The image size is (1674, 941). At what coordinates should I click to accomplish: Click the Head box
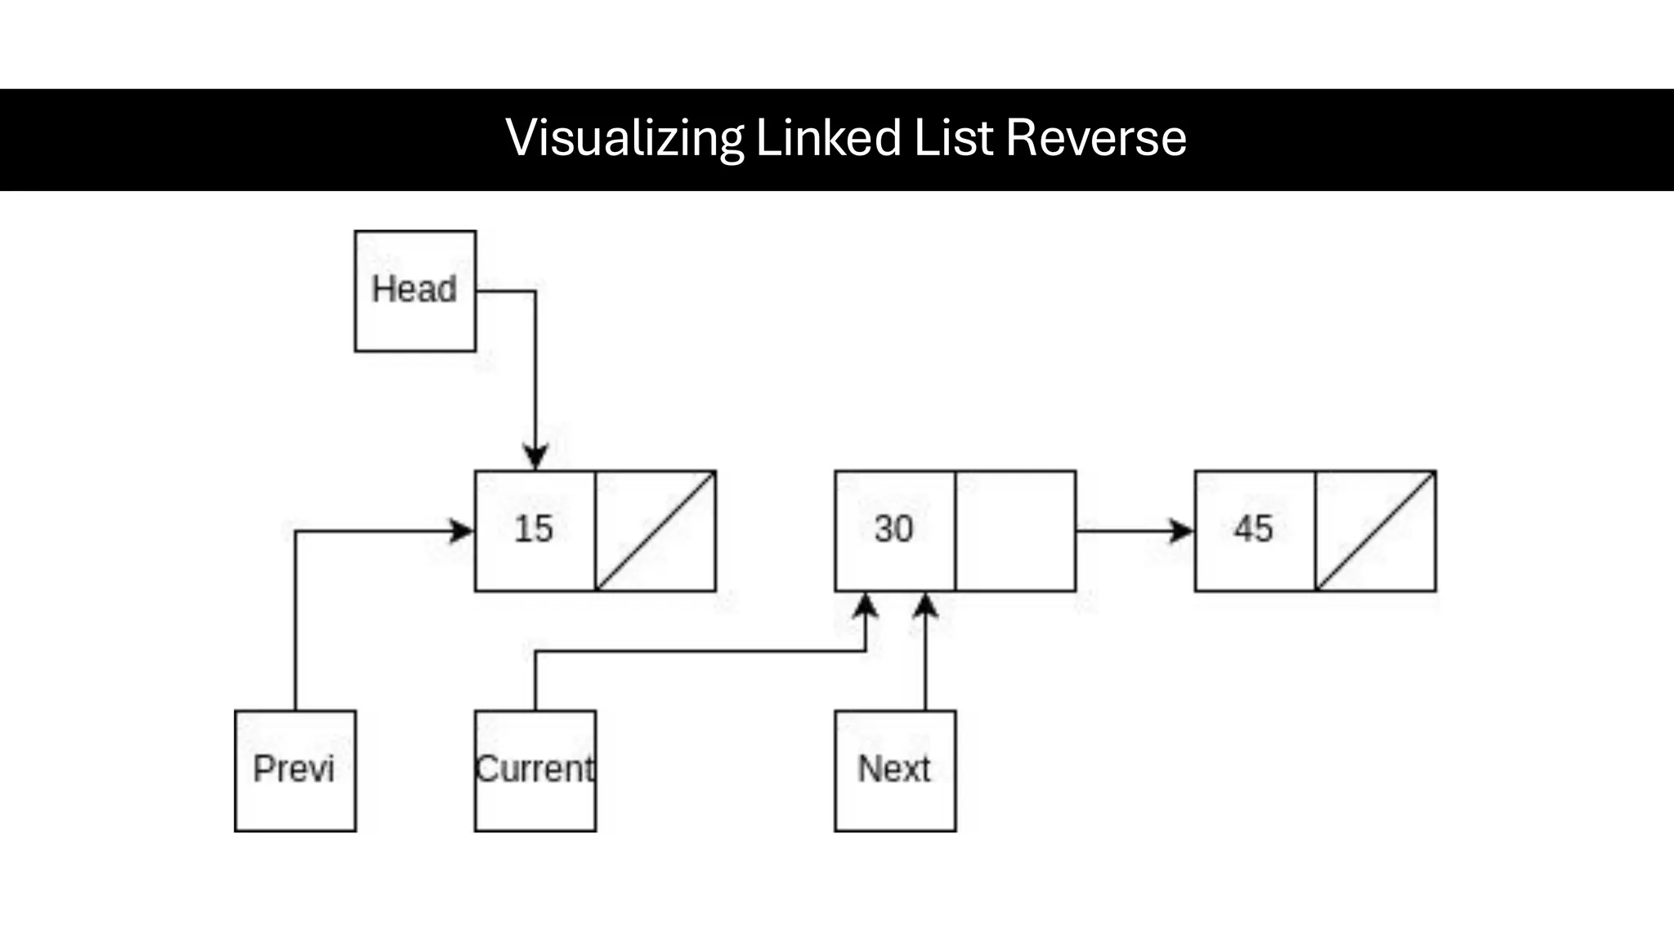coord(415,291)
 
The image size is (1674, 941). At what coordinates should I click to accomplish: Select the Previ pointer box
coord(295,770)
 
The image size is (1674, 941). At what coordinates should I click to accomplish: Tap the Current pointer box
coord(535,770)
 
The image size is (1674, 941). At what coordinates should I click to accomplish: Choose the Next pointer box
coord(895,770)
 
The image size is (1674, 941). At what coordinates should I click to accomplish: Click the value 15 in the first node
coord(534,529)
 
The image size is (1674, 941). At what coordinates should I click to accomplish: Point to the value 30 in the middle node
coord(893,529)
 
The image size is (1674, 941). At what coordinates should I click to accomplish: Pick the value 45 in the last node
coord(1253,529)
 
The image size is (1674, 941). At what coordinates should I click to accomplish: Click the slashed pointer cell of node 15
coord(656,531)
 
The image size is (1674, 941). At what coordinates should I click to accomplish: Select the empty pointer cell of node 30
coord(1015,531)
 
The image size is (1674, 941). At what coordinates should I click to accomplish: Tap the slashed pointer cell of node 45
coord(1376,531)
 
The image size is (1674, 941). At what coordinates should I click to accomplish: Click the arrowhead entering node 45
coord(1181,531)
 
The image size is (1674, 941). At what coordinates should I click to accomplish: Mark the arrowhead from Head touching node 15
coord(535,457)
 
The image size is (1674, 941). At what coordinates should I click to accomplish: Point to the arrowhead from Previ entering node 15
coord(462,531)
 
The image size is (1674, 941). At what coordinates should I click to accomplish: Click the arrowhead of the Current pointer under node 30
coord(866,606)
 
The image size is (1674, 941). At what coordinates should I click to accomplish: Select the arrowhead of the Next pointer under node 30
coord(925,606)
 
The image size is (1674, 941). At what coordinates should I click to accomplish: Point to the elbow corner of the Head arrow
coord(535,291)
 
